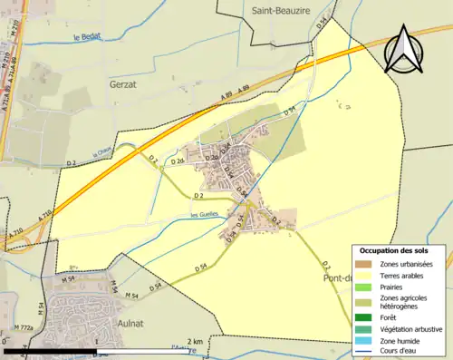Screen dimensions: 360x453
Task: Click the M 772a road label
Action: [x=24, y=327]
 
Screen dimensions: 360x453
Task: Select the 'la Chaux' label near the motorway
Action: [x=101, y=154]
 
